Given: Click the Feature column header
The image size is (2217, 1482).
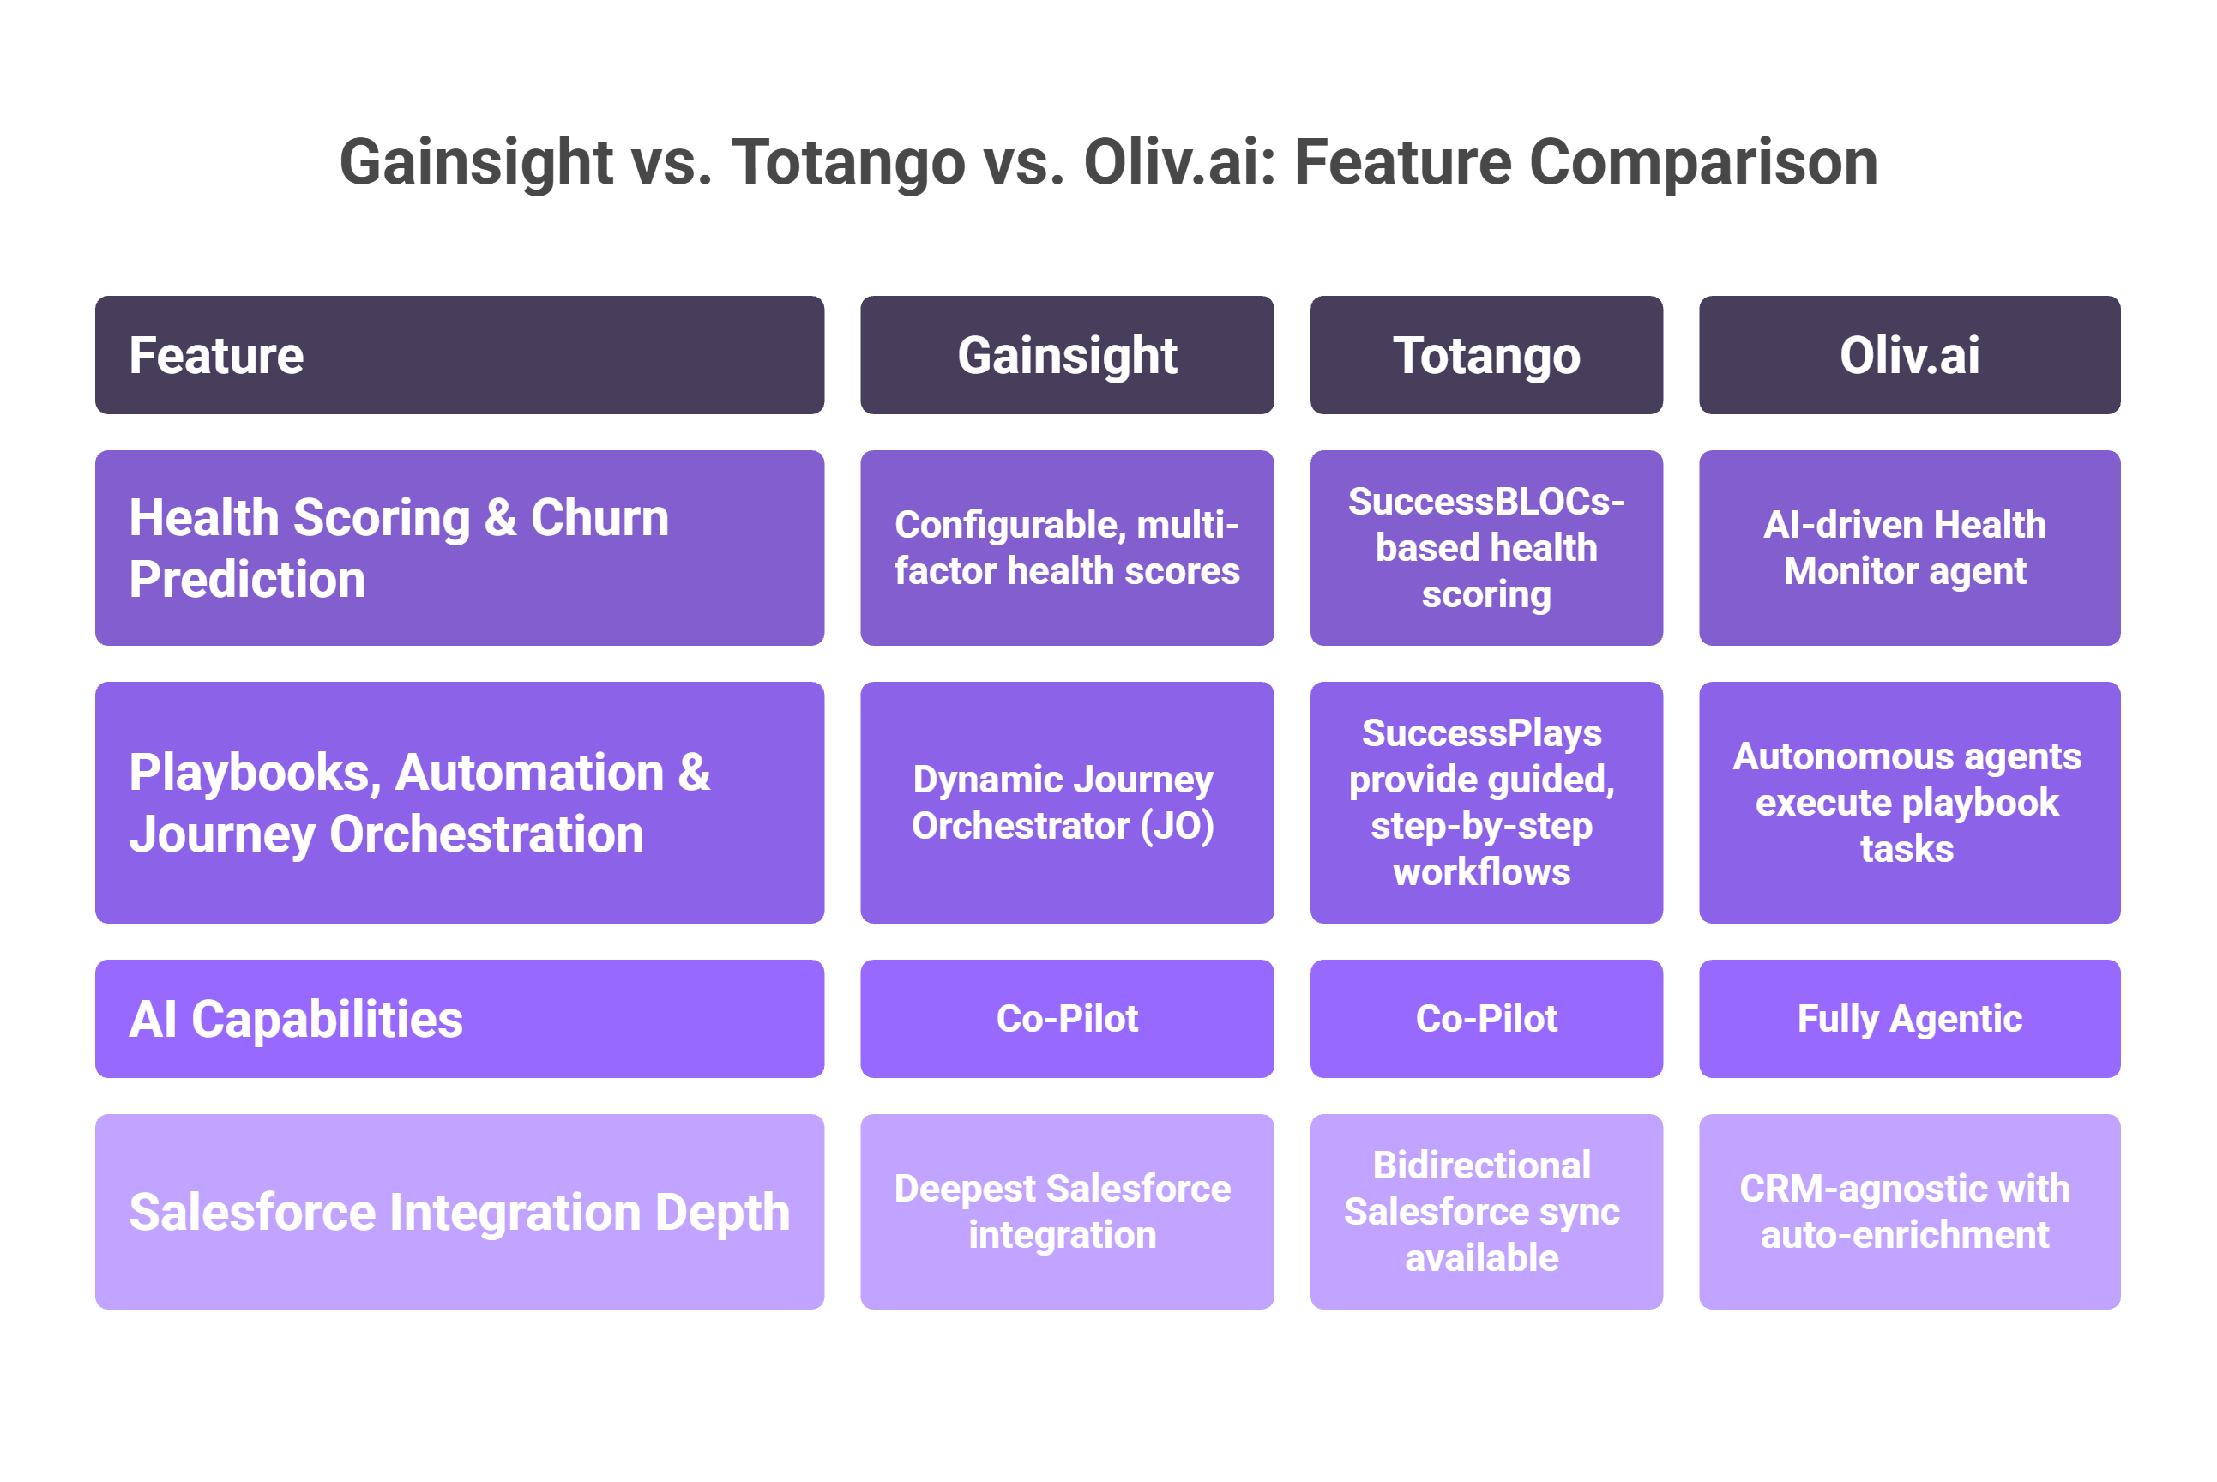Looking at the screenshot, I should (x=460, y=355).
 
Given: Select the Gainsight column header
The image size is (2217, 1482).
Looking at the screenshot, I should (x=1067, y=355).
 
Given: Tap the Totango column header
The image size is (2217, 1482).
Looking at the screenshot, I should (x=1485, y=355).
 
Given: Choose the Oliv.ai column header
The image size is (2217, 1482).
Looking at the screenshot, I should (x=1909, y=355).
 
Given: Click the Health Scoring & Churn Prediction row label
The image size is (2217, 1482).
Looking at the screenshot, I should (x=460, y=548).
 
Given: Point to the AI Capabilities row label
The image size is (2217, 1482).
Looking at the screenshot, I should (x=460, y=1019).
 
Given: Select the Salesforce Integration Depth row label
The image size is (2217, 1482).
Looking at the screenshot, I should (x=460, y=1212).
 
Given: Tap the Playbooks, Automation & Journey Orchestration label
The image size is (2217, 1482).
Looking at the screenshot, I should (x=460, y=803).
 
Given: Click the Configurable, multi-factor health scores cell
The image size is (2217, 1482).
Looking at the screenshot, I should (x=1067, y=548).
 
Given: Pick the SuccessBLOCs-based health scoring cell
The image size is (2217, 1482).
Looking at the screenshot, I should (x=1485, y=548).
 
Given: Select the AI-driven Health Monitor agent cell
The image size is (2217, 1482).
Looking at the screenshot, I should (x=1909, y=548).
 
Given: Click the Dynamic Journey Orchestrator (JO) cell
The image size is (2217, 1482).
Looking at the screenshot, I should (x=1067, y=803).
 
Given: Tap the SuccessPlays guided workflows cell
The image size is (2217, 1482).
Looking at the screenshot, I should (x=1485, y=803).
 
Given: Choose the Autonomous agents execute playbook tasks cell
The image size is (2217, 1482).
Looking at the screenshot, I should (x=1909, y=803).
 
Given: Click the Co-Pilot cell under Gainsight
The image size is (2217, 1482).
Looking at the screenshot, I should (x=1067, y=1019).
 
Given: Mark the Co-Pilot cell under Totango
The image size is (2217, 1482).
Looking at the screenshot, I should (x=1485, y=1019).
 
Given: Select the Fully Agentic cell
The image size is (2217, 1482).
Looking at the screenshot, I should (x=1909, y=1019).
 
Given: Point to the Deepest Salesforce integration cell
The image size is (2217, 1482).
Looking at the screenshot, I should (x=1067, y=1212).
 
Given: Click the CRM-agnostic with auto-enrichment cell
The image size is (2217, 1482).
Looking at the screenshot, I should (x=1909, y=1212).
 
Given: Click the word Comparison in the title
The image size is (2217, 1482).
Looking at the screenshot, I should (x=1702, y=163).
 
